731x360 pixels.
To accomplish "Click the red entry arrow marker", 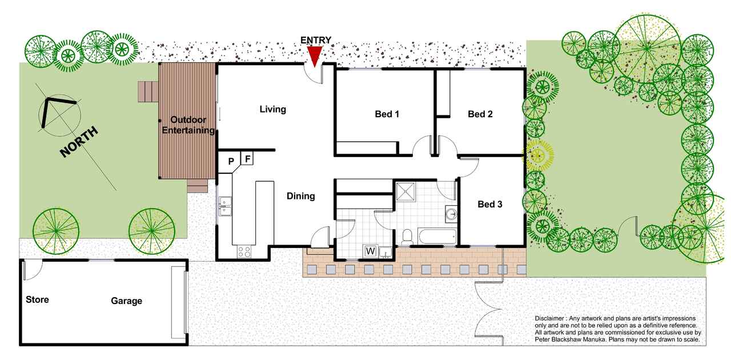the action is click(x=315, y=56).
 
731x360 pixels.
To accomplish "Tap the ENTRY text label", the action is click(x=316, y=40).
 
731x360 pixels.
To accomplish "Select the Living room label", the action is click(x=273, y=109).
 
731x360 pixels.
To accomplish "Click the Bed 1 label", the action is click(x=387, y=114).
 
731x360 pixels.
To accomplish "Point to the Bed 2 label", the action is click(x=480, y=114).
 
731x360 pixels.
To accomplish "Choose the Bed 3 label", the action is click(x=490, y=204).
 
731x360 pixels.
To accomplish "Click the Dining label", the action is click(x=300, y=196).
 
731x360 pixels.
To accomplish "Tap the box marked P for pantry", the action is click(x=230, y=161).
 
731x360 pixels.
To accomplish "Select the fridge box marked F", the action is click(x=247, y=159).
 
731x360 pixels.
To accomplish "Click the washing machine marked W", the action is click(x=371, y=251).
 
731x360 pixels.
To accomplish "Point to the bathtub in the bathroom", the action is click(x=437, y=237).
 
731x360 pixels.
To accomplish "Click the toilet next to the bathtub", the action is click(x=407, y=237).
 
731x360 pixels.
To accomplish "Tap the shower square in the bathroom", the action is click(x=405, y=192).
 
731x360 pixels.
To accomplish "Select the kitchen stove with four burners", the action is click(x=244, y=252).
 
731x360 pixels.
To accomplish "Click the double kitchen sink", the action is click(x=225, y=206).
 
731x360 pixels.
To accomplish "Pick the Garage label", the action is click(x=126, y=301).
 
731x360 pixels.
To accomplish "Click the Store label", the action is click(x=37, y=299).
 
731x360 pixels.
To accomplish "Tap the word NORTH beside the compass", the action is click(x=79, y=142).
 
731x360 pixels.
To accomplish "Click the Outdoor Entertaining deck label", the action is click(x=188, y=125).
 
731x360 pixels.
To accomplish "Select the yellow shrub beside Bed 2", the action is click(x=538, y=155).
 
